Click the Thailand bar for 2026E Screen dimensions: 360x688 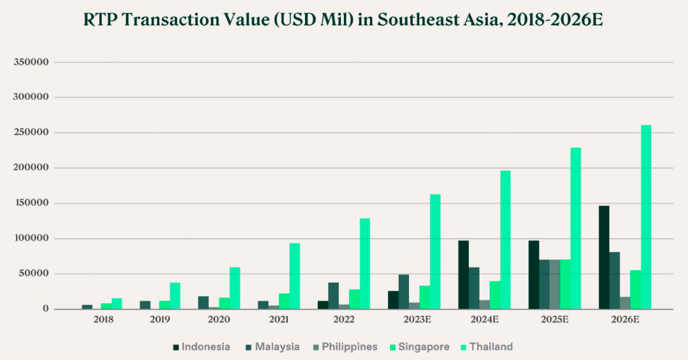(646, 217)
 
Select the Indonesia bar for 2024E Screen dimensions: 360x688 (463, 275)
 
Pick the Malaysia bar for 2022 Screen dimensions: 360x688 (333, 296)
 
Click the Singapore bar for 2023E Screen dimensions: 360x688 (424, 298)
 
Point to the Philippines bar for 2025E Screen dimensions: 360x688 (555, 284)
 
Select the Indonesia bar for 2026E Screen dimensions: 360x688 (604, 257)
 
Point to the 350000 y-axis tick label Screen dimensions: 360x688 (32, 62)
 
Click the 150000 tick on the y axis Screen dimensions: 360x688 (32, 203)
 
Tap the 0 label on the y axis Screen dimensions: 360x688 (47, 309)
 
